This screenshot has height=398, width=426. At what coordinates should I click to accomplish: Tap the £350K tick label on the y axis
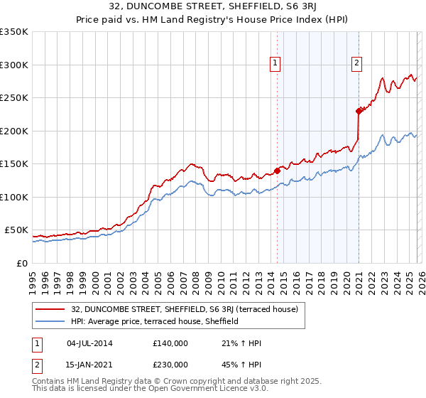click(x=13, y=32)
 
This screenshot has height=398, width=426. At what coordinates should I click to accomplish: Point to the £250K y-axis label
click(x=13, y=98)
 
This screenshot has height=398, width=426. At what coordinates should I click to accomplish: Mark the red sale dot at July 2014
click(x=277, y=171)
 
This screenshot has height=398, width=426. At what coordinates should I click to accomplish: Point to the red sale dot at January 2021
click(x=359, y=111)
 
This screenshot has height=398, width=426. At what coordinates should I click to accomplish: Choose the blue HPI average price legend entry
click(x=154, y=322)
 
